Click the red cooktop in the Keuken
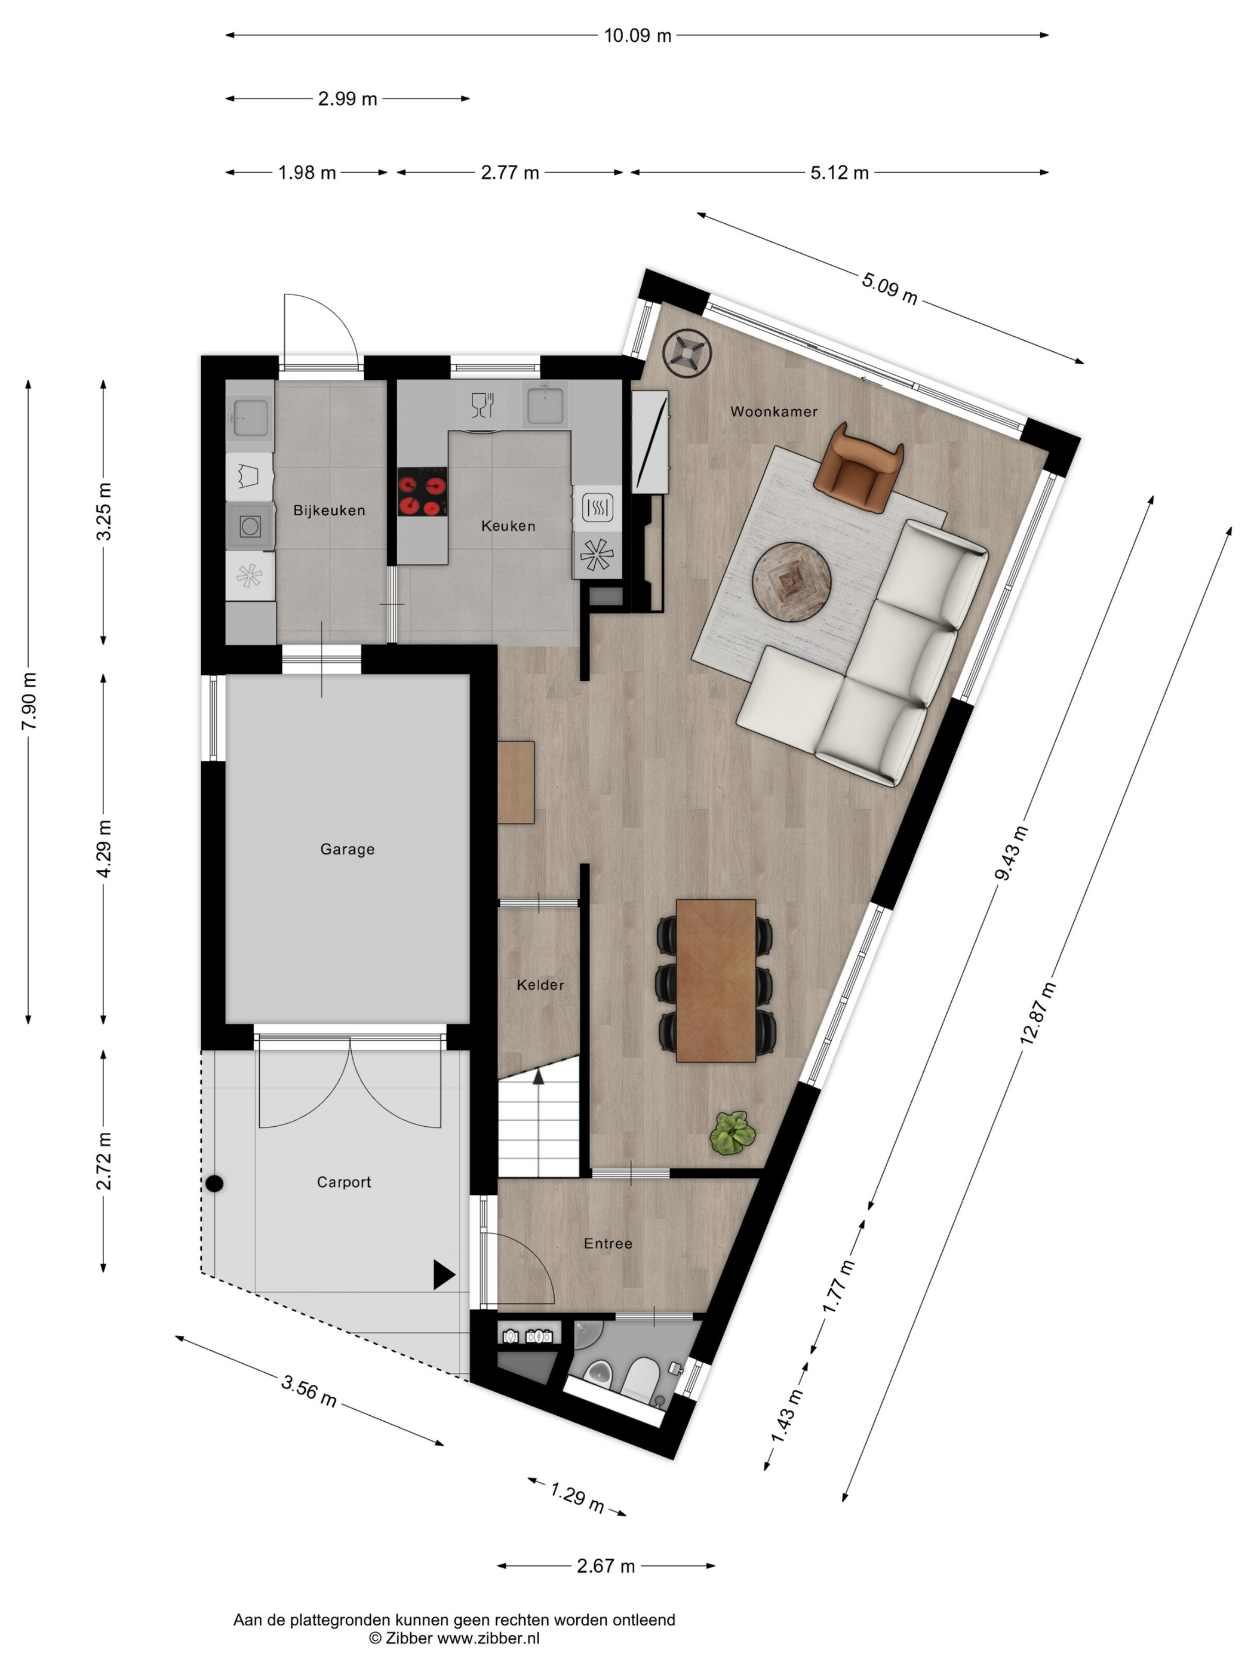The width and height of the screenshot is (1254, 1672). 422,491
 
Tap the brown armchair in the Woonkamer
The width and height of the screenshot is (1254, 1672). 859,468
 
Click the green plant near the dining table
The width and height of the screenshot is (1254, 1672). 732,1132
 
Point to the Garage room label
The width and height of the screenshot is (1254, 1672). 347,849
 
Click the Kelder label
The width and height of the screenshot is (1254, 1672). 540,984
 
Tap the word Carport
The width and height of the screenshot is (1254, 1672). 344,1182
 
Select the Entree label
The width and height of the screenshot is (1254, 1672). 608,1243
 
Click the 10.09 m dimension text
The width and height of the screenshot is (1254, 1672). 637,35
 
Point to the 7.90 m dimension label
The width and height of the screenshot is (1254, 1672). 29,700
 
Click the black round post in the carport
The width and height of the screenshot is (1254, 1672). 214,1184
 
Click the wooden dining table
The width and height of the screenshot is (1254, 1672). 716,981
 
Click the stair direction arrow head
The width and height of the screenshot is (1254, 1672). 538,1077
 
